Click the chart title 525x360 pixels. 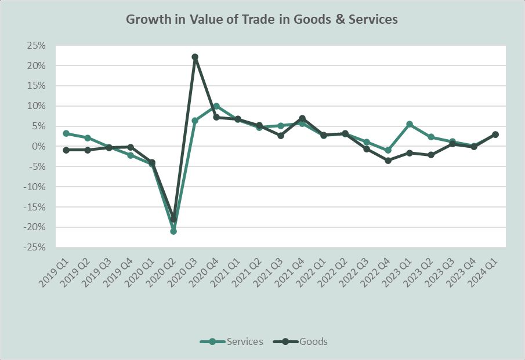(x=262, y=19)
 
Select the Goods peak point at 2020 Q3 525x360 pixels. (x=195, y=57)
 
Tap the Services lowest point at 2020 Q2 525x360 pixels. (x=173, y=231)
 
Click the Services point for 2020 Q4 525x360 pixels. (x=216, y=106)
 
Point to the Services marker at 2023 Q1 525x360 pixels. (x=410, y=124)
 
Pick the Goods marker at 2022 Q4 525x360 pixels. (x=388, y=161)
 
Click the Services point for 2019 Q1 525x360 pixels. (x=66, y=133)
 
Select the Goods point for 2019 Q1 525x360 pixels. (x=66, y=150)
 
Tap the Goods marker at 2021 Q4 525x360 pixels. (x=302, y=118)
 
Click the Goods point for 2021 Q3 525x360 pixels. (x=281, y=136)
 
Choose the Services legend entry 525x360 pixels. (x=231, y=341)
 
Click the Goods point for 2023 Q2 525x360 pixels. (x=431, y=155)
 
